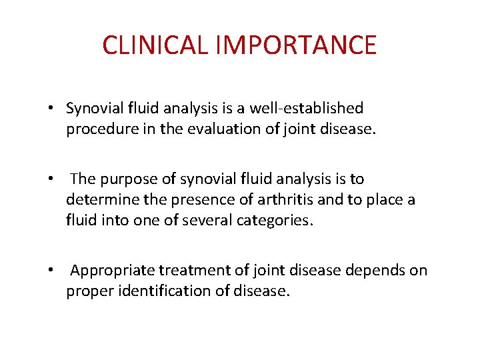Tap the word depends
click(x=378, y=270)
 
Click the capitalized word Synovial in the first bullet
click(x=93, y=108)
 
